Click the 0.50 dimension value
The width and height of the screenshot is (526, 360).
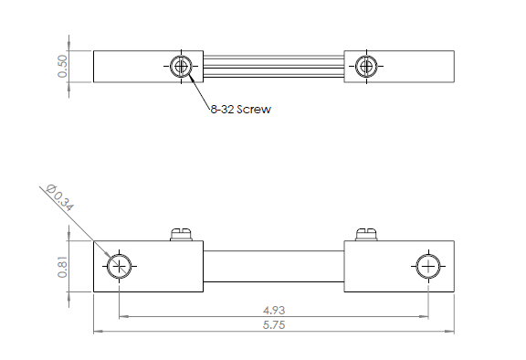(x=62, y=67)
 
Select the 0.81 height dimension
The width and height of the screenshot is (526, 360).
(x=62, y=267)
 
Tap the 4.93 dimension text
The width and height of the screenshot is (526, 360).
(x=274, y=311)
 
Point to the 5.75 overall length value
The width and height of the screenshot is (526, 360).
(x=274, y=324)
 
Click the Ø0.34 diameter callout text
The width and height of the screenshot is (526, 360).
(x=59, y=197)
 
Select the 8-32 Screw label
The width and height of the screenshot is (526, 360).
(x=240, y=110)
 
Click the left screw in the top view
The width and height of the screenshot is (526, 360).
(x=181, y=67)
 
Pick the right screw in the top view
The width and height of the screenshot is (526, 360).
(x=366, y=67)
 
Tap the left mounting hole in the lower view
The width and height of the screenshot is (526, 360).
(x=119, y=267)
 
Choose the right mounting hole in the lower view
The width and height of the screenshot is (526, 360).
(x=428, y=267)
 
